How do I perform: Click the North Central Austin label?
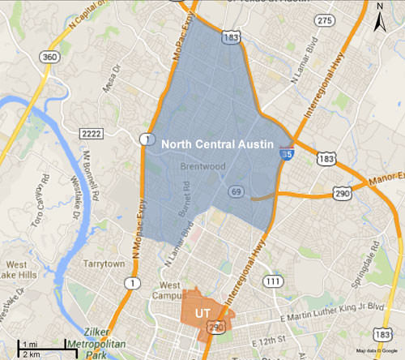(x=222, y=144)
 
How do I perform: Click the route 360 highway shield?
(x=48, y=58)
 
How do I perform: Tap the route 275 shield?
(x=324, y=22)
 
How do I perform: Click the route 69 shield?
(x=236, y=191)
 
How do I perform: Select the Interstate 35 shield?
(x=287, y=150)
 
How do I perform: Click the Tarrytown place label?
(x=104, y=264)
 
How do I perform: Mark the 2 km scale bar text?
(x=31, y=354)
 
